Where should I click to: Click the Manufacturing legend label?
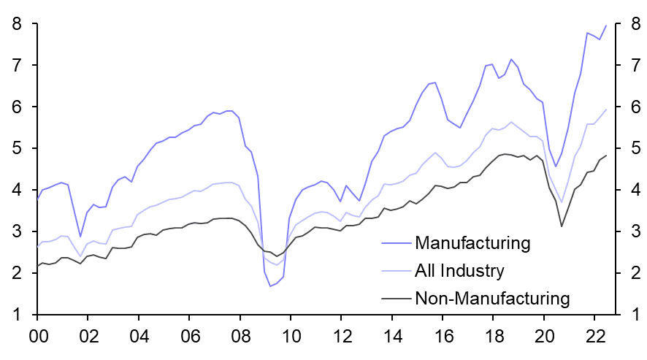pos(472,242)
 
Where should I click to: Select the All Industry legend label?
pos(459,271)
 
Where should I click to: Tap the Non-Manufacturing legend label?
pos(491,298)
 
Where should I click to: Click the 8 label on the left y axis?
pos(15,24)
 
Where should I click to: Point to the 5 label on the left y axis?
pos(15,149)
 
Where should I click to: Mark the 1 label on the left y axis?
pos(15,315)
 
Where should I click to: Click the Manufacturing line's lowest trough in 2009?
pos(270,286)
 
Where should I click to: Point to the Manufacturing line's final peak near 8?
pos(606,26)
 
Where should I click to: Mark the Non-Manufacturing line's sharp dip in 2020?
pos(562,226)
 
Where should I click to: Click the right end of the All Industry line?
pos(606,110)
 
